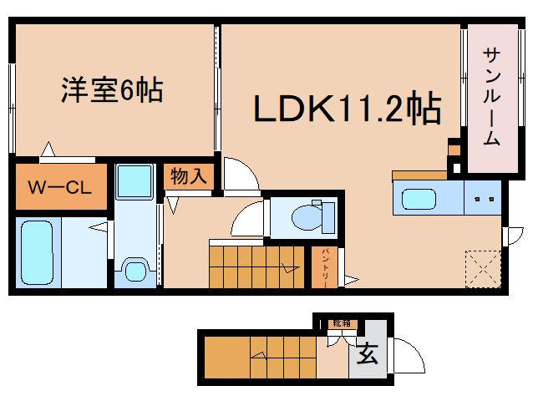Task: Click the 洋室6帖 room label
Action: (x=110, y=89)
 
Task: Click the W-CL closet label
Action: (x=60, y=187)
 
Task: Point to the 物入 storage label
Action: (x=189, y=176)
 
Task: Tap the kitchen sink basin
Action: (x=425, y=200)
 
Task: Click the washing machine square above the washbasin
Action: (x=134, y=180)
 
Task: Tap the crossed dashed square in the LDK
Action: (x=482, y=266)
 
